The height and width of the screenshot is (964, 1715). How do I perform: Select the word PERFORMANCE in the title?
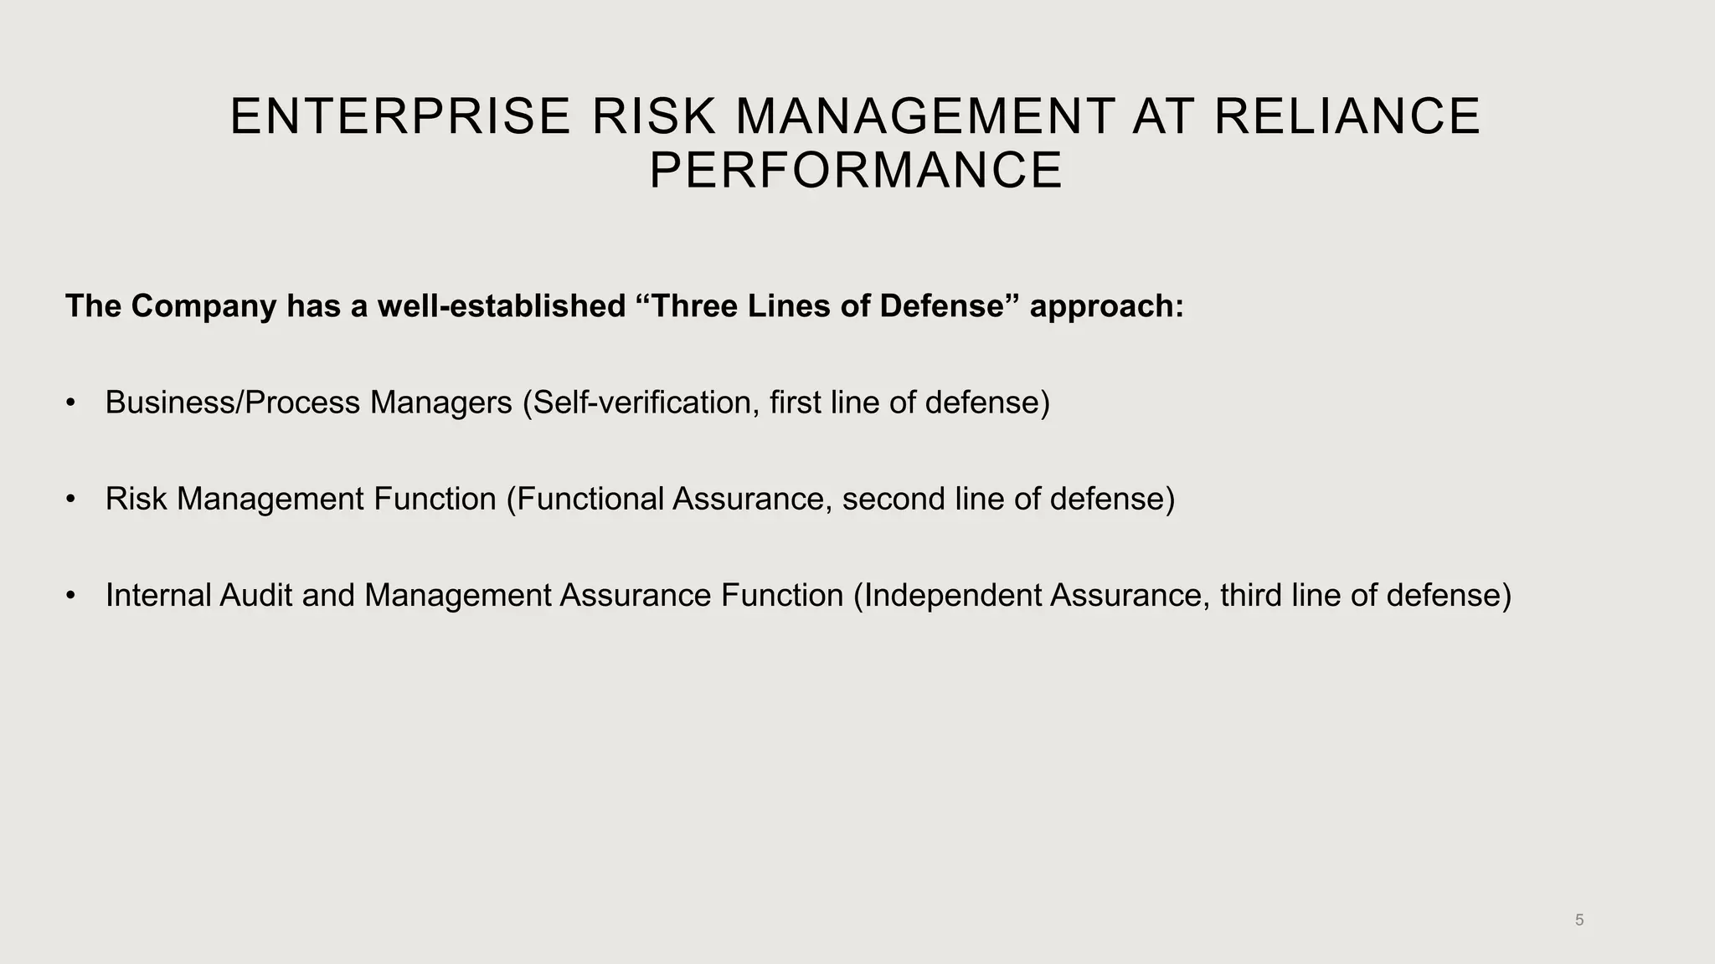pyautogui.click(x=856, y=171)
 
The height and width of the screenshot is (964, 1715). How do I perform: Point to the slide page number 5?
pyautogui.click(x=1579, y=920)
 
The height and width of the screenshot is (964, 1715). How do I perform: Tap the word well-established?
pyautogui.click(x=502, y=306)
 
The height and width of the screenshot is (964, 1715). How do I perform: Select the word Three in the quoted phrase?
pyautogui.click(x=691, y=306)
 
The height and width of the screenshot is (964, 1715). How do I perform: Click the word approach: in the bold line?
pyautogui.click(x=1106, y=306)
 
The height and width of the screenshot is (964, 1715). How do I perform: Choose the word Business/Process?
pyautogui.click(x=232, y=403)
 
